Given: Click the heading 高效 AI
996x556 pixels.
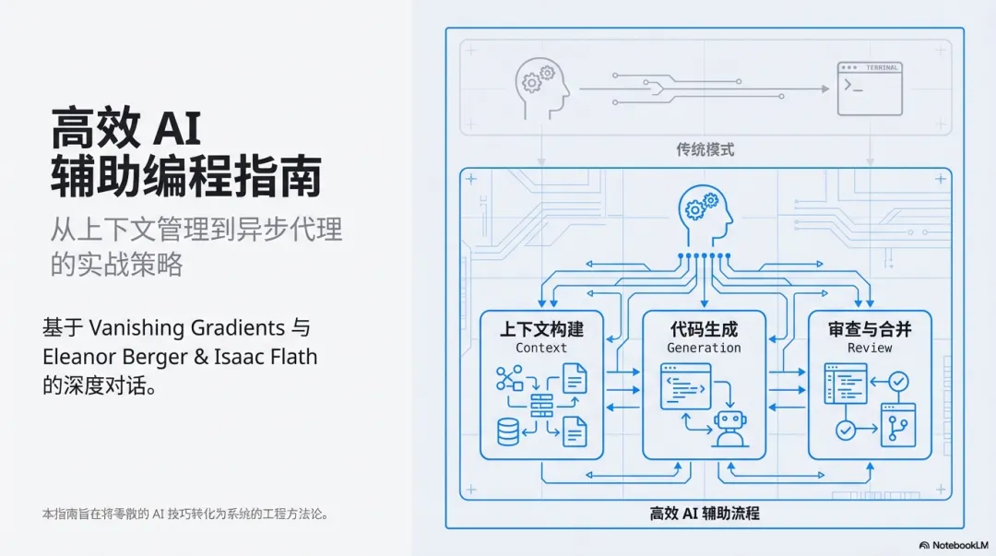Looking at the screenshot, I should pos(126,129).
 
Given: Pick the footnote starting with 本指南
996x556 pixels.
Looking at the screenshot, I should pos(185,514).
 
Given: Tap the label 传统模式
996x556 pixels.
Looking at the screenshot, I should pos(705,149).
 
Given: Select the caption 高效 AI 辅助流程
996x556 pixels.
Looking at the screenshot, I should pos(705,513).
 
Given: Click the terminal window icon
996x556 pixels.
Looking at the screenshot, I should pos(869,88).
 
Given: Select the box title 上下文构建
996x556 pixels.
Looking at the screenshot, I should pos(541,328).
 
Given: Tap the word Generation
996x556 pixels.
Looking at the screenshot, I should pos(704,348).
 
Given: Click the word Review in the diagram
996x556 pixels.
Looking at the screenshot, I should pos(870,348).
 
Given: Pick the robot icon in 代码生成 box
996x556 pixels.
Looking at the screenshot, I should pos(729,429).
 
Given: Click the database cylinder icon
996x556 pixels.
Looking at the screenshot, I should pos(508,431).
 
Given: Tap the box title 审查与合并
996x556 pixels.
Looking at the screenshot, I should pos(870,328).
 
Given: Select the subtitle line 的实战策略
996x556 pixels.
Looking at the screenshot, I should pos(117,265).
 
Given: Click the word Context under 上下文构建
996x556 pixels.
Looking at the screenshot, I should pos(541,348).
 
